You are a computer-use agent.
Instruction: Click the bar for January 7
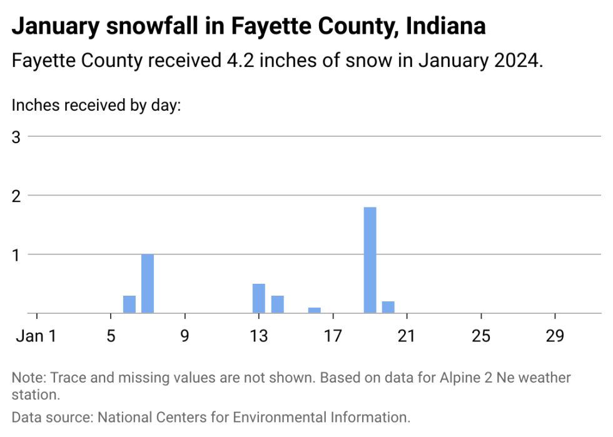pos(148,283)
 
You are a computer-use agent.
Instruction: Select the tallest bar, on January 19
pos(370,260)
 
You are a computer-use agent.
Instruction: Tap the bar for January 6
pos(129,304)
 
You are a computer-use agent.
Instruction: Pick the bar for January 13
pos(259,298)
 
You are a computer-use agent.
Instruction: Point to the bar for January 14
pos(278,304)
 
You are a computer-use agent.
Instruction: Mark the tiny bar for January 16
pos(314,310)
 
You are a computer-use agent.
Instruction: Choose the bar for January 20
pos(388,307)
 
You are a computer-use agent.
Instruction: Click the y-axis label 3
pos(16,137)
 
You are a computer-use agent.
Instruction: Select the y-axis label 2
pos(16,196)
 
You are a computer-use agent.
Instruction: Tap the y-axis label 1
pos(16,255)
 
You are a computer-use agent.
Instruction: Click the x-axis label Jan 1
pos(36,336)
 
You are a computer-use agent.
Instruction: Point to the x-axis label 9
pos(185,336)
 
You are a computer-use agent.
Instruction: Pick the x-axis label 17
pos(333,336)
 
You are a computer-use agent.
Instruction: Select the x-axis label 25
pos(481,336)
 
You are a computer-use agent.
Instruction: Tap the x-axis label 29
pos(555,336)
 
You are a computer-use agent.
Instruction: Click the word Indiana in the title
pos(446,26)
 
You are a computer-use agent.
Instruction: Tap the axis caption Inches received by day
pos(96,105)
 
